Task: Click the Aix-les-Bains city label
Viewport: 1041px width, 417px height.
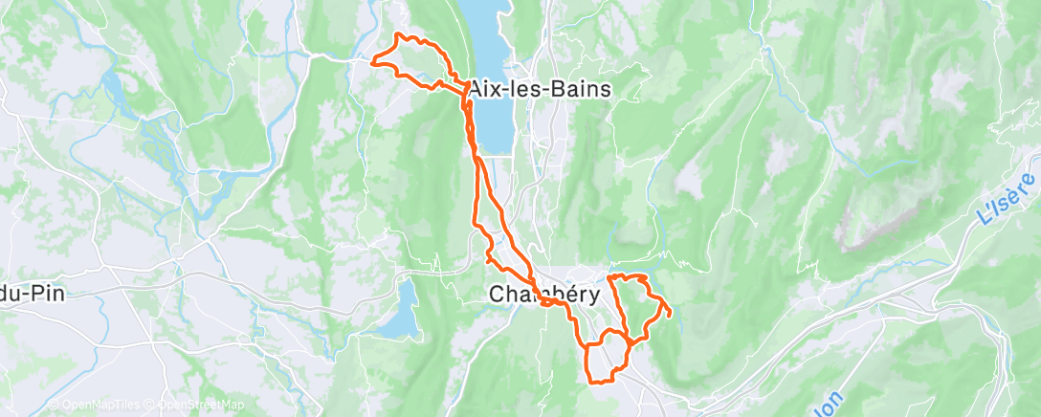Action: (x=540, y=89)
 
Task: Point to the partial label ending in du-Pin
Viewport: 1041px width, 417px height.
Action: (x=33, y=294)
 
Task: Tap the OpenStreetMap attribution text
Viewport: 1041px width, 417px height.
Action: (x=202, y=406)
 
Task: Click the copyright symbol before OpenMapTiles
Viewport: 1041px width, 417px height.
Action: (x=53, y=406)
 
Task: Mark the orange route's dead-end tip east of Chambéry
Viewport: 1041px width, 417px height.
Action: (x=670, y=314)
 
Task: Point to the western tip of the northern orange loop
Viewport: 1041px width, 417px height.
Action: (x=372, y=62)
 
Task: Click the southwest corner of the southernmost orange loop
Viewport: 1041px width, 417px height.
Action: (x=588, y=380)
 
